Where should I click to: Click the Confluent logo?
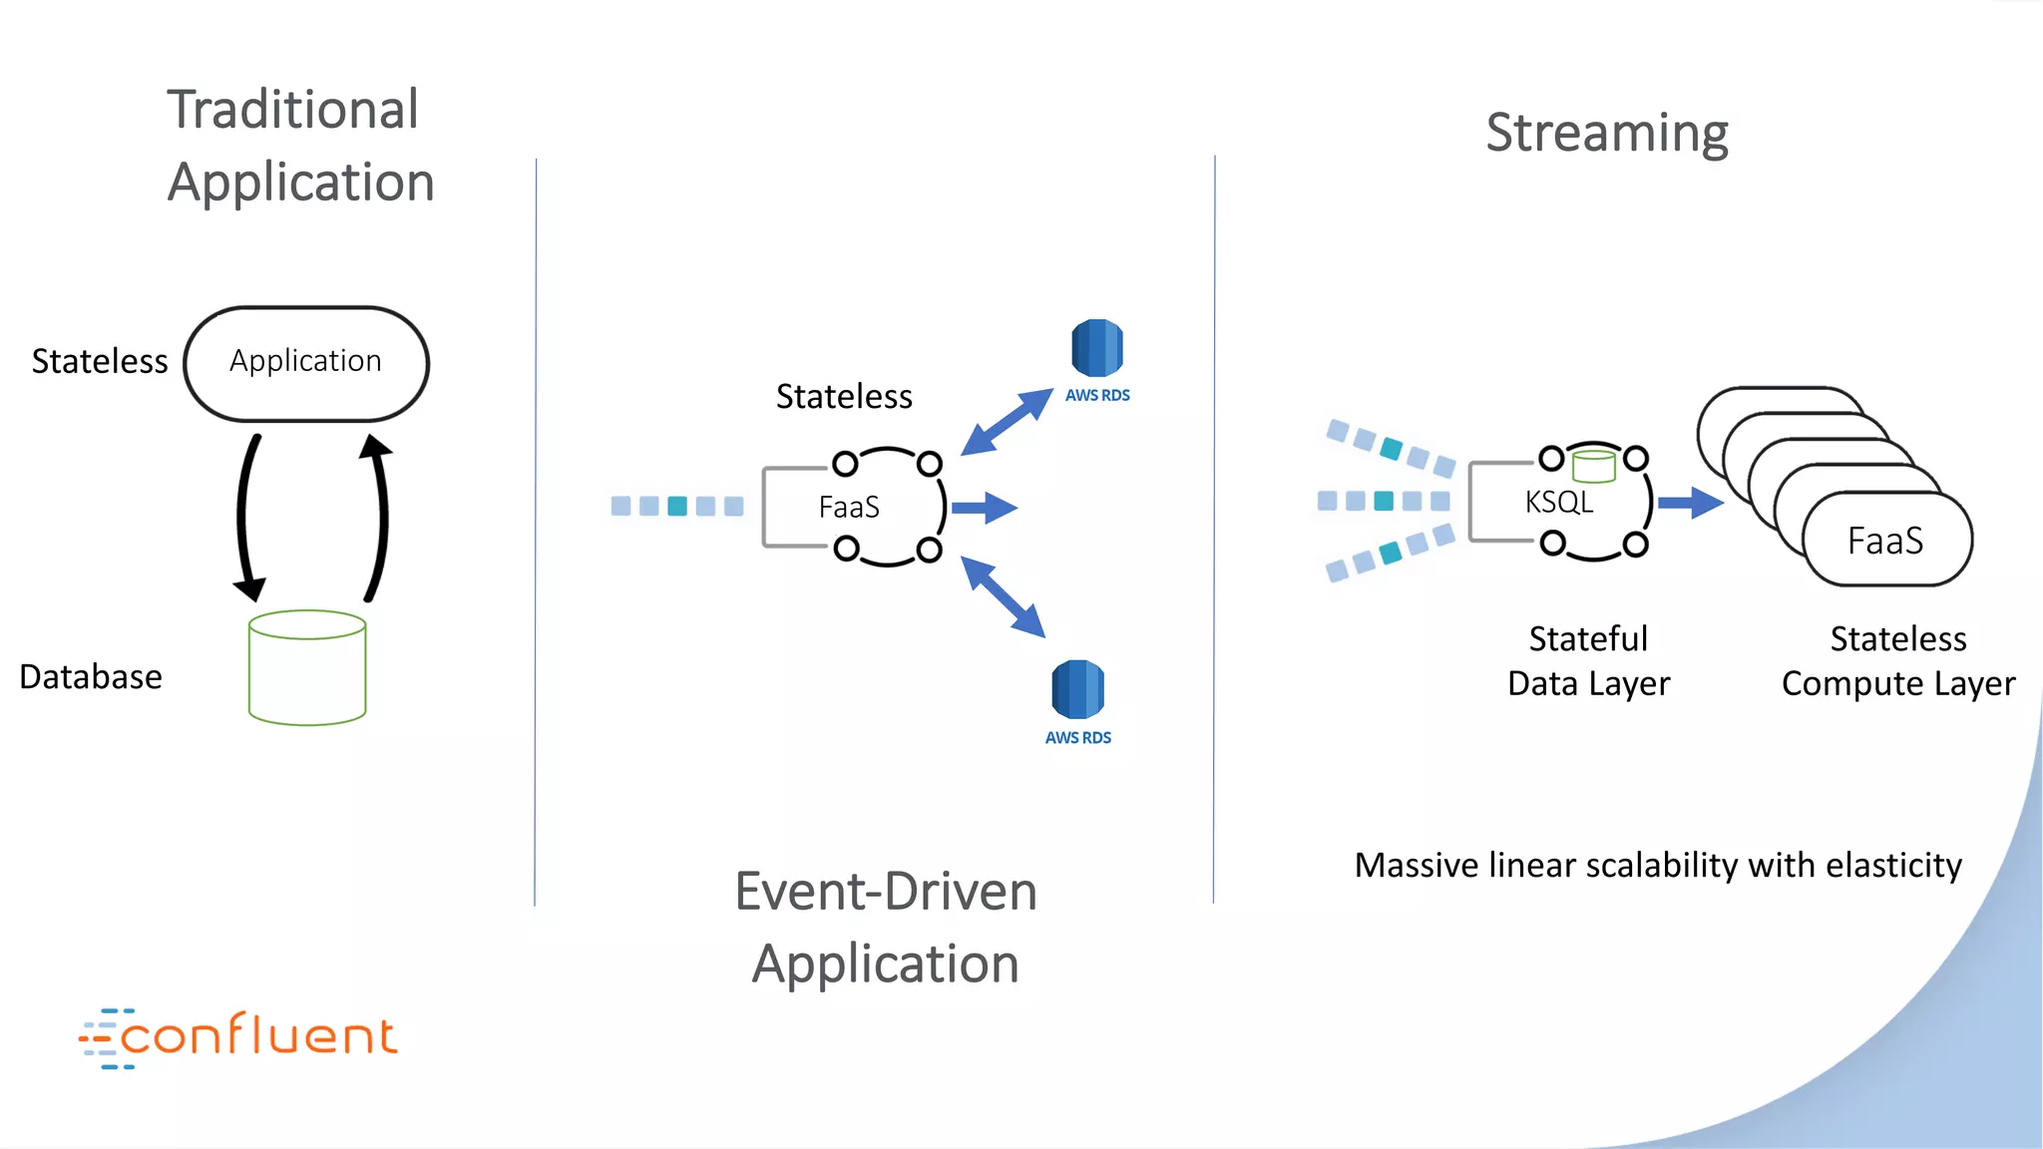[239, 1037]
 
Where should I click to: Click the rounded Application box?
[306, 363]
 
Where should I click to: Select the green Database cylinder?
[307, 668]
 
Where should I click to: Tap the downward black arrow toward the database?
[244, 519]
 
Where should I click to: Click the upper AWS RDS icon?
[1097, 348]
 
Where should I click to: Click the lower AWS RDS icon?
[1077, 689]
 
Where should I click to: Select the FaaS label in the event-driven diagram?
[849, 508]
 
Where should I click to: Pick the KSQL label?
[1559, 502]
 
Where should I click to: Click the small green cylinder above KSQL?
[1593, 466]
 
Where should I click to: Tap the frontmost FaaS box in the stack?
[1886, 541]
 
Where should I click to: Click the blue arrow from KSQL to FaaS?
[1691, 503]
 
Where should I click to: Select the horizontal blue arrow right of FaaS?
[984, 508]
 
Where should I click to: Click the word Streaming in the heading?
[1607, 133]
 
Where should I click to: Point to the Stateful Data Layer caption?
[1588, 660]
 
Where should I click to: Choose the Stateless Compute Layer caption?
[1898, 660]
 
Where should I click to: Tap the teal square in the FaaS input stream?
[677, 507]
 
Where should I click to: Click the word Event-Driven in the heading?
[886, 892]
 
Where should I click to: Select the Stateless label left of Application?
[100, 361]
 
